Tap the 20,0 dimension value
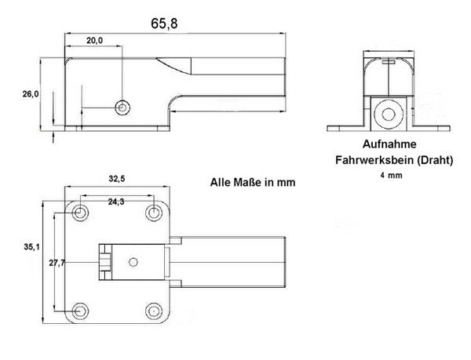pos(94,42)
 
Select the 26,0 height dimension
pos(31,94)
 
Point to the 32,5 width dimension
pos(117,179)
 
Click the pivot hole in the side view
pos(122,106)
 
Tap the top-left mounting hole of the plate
pos(80,213)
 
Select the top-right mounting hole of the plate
pos(154,213)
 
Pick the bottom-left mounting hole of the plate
pos(80,307)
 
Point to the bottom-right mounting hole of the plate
pos(154,307)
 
